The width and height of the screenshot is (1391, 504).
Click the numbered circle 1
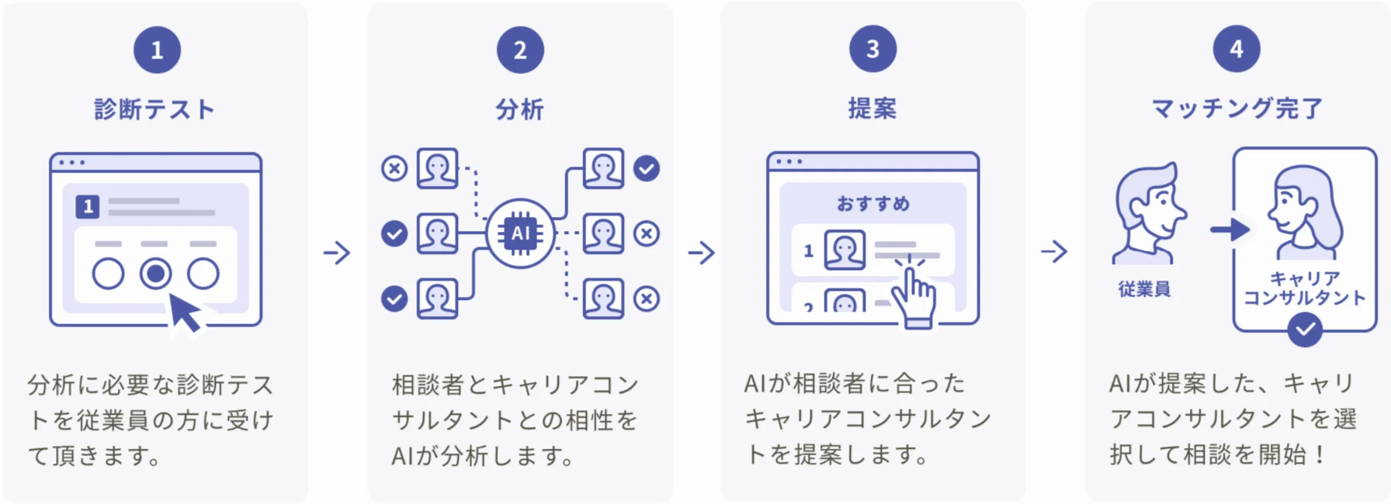[x=157, y=50]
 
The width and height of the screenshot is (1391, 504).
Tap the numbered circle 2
[x=520, y=50]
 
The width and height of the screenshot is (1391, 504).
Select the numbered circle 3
[x=872, y=49]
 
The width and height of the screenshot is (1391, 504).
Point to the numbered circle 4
[x=1236, y=49]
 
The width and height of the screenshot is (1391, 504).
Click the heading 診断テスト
[x=155, y=109]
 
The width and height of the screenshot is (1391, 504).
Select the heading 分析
[x=520, y=109]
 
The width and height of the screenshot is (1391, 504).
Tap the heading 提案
[x=872, y=109]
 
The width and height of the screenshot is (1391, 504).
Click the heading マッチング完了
[x=1237, y=109]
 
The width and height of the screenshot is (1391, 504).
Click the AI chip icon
[x=520, y=233]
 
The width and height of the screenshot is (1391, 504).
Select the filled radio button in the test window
[x=155, y=274]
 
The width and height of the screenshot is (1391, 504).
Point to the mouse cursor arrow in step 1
[x=185, y=312]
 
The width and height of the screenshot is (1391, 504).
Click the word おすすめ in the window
[x=872, y=204]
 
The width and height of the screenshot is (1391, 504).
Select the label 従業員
[x=1144, y=289]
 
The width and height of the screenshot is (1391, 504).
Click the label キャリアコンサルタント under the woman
[x=1304, y=288]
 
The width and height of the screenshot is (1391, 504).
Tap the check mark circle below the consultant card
[x=1305, y=330]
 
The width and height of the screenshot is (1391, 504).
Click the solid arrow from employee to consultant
[x=1230, y=230]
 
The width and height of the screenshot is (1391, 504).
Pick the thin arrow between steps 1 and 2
[x=337, y=252]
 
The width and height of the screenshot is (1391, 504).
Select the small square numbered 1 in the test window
[x=88, y=206]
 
